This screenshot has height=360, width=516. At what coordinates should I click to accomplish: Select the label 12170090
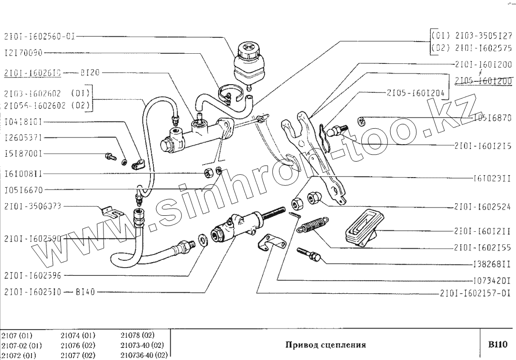23,53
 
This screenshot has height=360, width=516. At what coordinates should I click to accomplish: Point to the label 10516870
493,118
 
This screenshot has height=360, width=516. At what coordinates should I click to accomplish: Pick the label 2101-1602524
483,207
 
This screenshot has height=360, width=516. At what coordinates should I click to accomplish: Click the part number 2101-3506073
32,206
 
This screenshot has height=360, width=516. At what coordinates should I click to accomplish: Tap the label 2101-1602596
32,276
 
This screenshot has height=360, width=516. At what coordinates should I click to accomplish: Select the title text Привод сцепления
325,345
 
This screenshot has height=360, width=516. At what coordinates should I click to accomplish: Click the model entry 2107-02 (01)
21,345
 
